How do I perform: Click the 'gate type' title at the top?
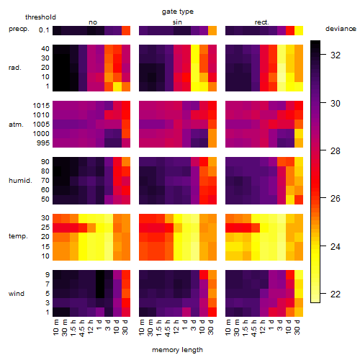point(178,12)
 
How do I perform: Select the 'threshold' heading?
point(40,17)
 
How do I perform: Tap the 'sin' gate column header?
point(177,22)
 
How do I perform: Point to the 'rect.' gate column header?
point(261,22)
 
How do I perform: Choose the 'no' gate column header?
point(93,22)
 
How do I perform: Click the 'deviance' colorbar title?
point(341,29)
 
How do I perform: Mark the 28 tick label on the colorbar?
point(336,151)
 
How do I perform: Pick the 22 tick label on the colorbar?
point(336,294)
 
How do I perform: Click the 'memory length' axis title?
point(177,350)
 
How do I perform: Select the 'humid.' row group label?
point(20,181)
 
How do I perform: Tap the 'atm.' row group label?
point(16,125)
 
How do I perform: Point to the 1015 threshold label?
point(41,106)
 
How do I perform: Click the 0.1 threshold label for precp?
point(44,30)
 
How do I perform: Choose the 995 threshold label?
point(43,143)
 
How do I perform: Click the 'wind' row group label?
point(17,294)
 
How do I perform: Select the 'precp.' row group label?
point(19,29)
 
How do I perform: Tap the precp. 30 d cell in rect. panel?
point(299,30)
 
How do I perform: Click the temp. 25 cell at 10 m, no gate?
point(57,228)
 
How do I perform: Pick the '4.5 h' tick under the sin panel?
point(168,328)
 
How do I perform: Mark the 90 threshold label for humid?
point(45,162)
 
